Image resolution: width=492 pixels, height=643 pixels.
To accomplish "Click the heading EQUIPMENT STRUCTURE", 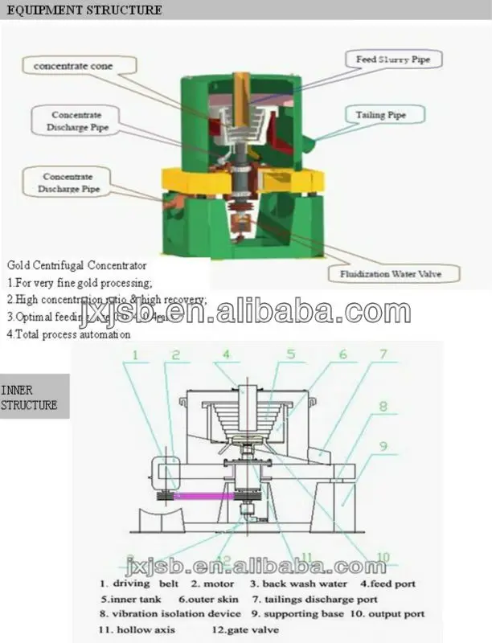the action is tap(81, 10).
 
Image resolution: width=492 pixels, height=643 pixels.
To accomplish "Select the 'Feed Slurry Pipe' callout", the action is tap(399, 59).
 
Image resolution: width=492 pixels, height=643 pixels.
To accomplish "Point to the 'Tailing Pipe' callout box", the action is tap(380, 116).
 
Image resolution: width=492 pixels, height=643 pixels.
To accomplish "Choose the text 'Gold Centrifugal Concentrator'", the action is tap(77, 264).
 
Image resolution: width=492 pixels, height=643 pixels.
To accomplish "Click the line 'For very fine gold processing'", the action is tap(80, 282).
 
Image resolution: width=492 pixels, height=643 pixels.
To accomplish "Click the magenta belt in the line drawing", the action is tap(204, 497).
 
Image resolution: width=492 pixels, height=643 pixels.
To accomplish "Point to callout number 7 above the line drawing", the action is tap(383, 354).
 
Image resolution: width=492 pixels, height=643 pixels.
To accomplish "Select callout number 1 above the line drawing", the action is tap(137, 354).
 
